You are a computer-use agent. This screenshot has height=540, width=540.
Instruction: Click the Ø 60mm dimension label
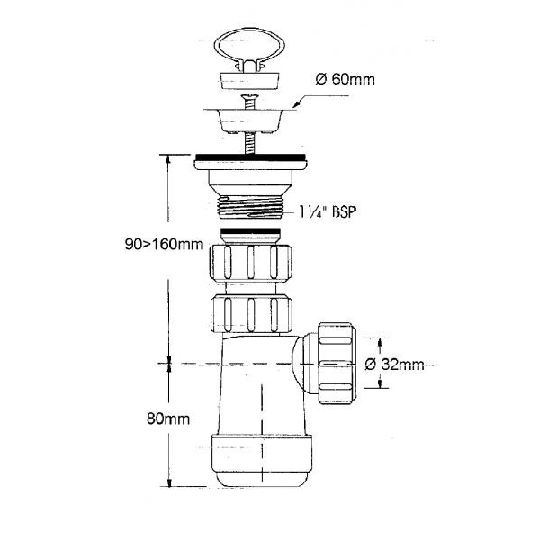pyautogui.click(x=345, y=79)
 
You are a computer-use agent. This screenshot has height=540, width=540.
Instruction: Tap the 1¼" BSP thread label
pyautogui.click(x=327, y=211)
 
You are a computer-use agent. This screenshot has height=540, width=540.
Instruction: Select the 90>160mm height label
pyautogui.click(x=164, y=245)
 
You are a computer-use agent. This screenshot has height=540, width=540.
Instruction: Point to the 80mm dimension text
pyautogui.click(x=168, y=418)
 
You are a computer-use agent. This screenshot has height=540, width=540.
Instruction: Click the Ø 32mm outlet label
pyautogui.click(x=394, y=364)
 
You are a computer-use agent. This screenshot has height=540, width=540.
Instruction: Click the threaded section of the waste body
pyautogui.click(x=250, y=208)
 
